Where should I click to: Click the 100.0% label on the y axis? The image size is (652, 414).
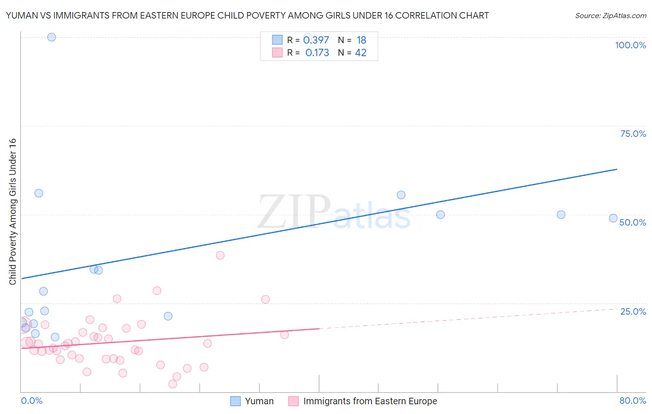(630, 45)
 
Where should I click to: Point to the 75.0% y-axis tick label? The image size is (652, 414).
(633, 134)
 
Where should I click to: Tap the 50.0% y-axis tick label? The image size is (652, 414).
(633, 222)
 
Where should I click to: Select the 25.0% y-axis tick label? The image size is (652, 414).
(633, 311)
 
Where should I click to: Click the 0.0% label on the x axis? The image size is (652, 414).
(32, 401)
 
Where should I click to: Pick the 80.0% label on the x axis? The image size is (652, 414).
(633, 401)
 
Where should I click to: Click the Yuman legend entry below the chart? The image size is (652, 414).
(259, 401)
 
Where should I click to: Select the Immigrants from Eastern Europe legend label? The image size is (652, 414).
(370, 401)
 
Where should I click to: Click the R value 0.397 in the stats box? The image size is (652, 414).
(316, 40)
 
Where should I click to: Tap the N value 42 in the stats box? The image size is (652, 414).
(360, 53)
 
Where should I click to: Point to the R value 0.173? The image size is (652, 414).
(317, 53)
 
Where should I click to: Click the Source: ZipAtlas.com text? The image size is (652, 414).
(610, 16)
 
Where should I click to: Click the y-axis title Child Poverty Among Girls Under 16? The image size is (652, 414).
(13, 212)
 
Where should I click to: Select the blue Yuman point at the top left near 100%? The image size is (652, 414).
(51, 37)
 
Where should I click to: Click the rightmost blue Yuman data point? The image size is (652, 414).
(613, 218)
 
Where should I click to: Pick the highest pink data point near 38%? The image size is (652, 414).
(220, 255)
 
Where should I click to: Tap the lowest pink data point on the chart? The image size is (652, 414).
(173, 384)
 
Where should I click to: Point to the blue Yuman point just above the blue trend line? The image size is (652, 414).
(401, 195)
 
